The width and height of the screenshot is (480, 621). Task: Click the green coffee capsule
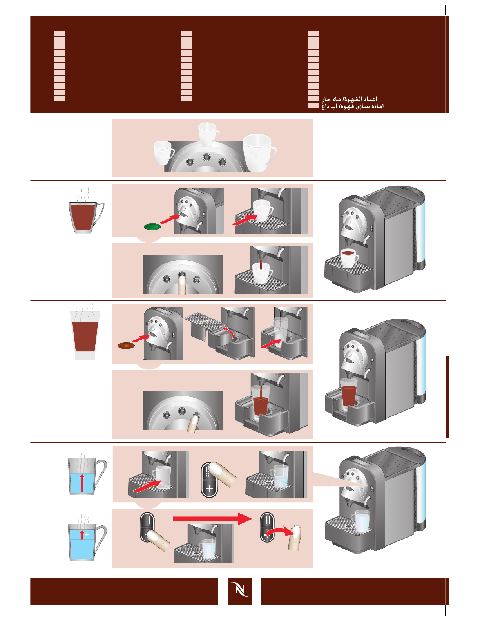pos(152,226)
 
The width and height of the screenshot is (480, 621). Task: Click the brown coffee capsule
pos(126,346)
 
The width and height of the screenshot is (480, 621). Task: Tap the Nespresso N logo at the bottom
pos(240,591)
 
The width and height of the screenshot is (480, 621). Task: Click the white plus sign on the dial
pos(209,489)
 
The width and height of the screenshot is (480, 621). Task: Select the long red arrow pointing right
pos(212,519)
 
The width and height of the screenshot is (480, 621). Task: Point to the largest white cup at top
pos(259,153)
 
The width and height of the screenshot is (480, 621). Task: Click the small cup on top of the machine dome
pos(208,134)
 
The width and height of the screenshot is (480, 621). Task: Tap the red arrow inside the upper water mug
pos(82,483)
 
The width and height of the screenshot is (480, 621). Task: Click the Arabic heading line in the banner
pos(350,99)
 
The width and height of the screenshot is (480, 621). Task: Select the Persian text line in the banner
pos(353,106)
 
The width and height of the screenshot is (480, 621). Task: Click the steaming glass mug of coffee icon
pos(86,210)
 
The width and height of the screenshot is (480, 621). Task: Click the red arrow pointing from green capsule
pos(170,219)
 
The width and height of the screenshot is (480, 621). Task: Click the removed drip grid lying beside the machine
pos(205,320)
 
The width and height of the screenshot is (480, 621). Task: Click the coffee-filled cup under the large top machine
pos(349,258)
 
